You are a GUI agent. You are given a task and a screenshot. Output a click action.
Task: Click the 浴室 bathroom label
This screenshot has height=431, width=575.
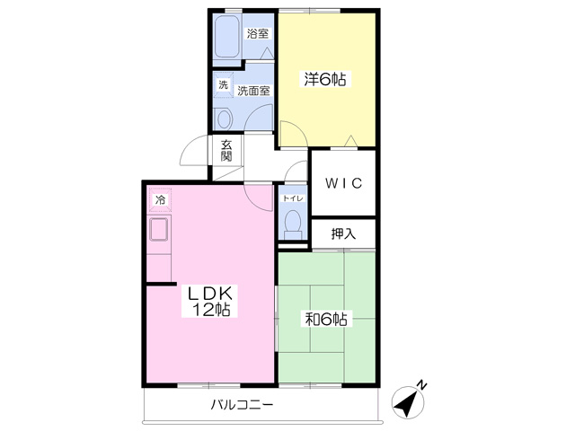258,34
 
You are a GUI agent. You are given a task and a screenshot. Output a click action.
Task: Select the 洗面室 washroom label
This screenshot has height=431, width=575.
253,91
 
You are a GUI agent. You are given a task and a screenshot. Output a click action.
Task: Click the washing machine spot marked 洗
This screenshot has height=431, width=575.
224,85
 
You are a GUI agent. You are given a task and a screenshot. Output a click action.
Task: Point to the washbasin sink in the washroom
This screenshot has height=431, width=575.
224,118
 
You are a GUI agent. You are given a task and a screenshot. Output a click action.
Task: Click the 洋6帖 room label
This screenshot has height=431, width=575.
325,79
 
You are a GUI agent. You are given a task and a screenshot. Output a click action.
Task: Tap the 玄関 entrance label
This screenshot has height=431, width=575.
226,151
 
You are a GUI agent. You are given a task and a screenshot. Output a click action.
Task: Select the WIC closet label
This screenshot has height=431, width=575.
344,183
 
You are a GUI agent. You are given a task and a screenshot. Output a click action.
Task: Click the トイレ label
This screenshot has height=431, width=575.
292,198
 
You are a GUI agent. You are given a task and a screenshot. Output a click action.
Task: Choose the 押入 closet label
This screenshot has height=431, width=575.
343,233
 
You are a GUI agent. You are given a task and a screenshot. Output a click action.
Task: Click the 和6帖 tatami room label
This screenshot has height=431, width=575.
326,320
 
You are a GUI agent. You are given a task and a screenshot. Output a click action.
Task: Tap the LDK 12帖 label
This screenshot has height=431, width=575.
210,301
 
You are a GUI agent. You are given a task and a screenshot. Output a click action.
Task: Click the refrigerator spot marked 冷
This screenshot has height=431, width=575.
160,200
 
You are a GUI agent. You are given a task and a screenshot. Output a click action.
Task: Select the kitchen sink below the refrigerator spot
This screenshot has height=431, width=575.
159,229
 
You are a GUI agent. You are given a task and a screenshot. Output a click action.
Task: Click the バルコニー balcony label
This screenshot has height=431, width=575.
242,405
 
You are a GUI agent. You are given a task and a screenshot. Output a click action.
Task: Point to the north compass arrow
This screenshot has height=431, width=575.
407,401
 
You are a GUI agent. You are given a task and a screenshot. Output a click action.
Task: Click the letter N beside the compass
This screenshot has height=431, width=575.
422,384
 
